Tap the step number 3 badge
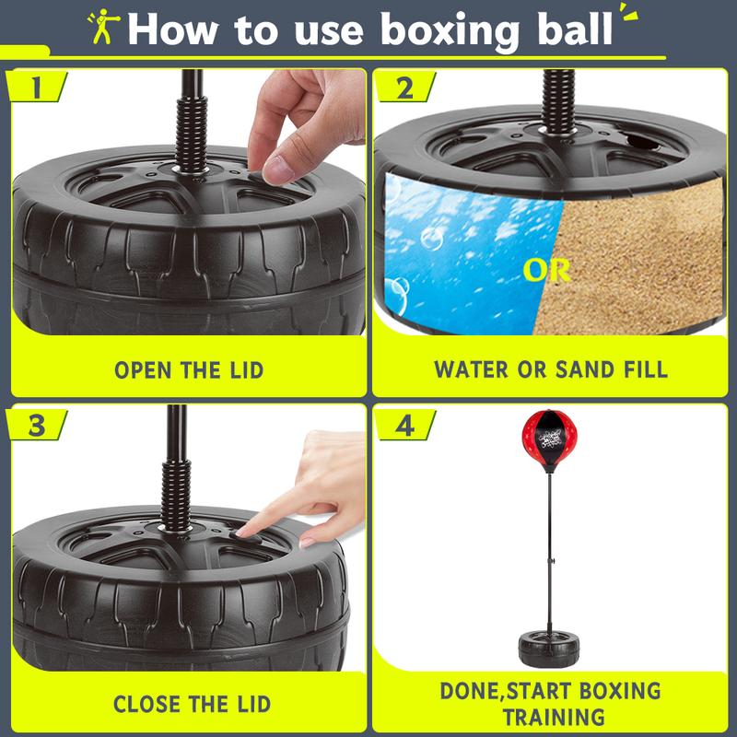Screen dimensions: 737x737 pyautogui.click(x=37, y=426)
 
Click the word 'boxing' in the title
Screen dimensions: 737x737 pyautogui.click(x=450, y=29)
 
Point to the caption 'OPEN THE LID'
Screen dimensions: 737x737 pyautogui.click(x=189, y=370)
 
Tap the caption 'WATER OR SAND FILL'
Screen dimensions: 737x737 pyautogui.click(x=551, y=370)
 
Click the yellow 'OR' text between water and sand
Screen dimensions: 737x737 pyautogui.click(x=546, y=271)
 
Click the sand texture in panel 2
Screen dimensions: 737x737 pyautogui.click(x=645, y=258)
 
